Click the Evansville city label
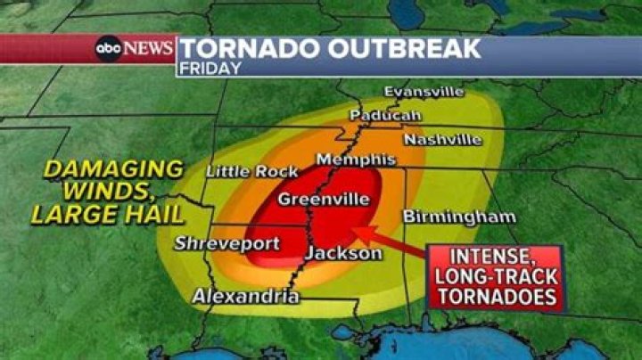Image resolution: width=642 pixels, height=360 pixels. pos(424,92)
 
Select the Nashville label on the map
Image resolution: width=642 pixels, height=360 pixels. pos(442,140)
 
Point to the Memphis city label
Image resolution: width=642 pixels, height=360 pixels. pos(343,160)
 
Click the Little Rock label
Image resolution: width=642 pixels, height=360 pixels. pos(240,171)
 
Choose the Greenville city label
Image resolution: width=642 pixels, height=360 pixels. pos(323,200)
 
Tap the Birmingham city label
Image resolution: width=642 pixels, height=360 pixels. pos(458,217)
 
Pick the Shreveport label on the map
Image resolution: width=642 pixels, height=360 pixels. pos(226,242)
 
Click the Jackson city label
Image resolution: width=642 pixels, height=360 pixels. pos(343,254)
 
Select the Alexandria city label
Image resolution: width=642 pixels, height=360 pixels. pos(246,297)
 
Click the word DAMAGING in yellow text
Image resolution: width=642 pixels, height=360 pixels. pos(114,168)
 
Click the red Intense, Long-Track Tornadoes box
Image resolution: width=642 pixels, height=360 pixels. pos(495,277)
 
